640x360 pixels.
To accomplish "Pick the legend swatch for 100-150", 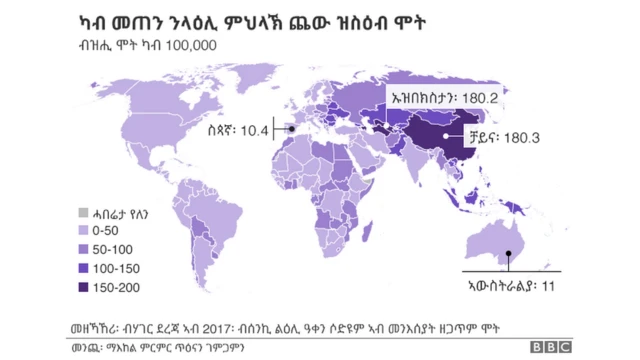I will tap(84, 269).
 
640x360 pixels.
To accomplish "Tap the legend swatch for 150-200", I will tap(84, 288).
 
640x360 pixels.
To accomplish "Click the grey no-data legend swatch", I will tap(84, 212).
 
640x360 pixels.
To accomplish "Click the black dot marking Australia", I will tap(509, 254).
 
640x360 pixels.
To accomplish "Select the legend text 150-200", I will tap(122, 288).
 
